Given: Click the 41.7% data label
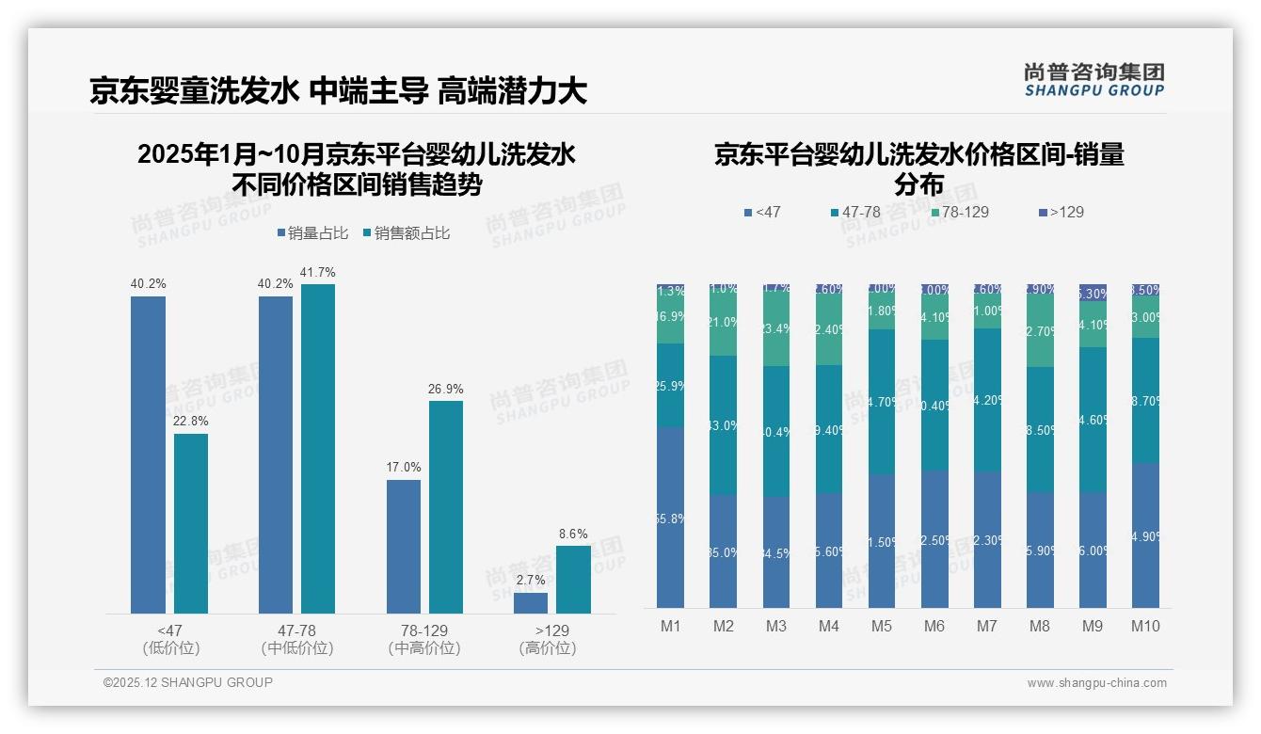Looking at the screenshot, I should pos(318,273).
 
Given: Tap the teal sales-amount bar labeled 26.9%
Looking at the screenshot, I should pos(446,507).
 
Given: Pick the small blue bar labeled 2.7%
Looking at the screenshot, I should pos(531,603).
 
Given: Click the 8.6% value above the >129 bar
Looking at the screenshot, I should pos(573,535).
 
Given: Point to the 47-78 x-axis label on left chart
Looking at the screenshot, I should pos(296,630).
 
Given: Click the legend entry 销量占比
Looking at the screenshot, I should pos(312,233).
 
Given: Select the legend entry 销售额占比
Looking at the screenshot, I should pos(406,233).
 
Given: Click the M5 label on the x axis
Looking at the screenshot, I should pos(882,626).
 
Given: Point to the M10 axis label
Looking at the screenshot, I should pos(1145,626).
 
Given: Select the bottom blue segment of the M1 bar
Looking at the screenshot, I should pos(671,517).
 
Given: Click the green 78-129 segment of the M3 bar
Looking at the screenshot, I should pos(776,329).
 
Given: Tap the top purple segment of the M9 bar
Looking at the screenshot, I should pos(1093,293).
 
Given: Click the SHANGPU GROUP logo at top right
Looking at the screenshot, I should pos(1093,80).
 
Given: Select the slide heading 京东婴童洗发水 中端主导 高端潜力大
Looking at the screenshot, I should pos(339,91).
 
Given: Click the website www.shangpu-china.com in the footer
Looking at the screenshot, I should pos(1096,683).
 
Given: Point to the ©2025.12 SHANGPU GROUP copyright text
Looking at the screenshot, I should pos(188,682).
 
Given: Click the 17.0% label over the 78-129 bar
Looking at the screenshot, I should pos(404,467).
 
